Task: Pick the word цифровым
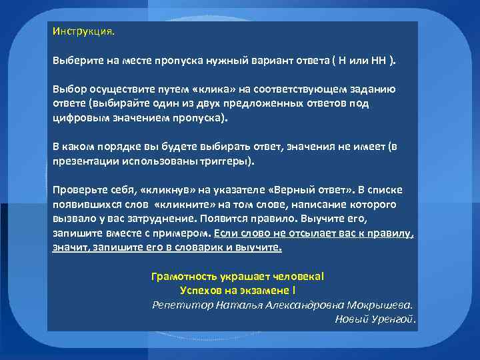tap(79, 119)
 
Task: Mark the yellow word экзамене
tap(259, 290)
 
